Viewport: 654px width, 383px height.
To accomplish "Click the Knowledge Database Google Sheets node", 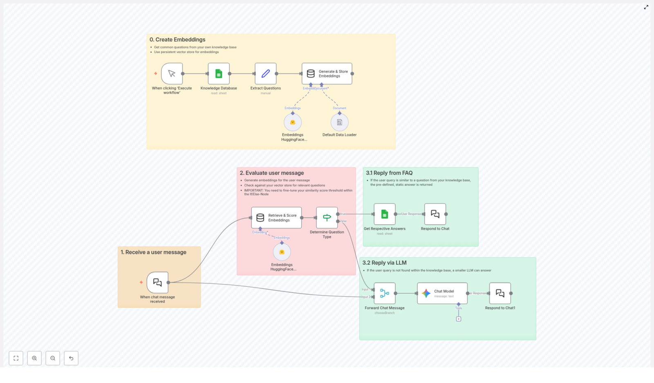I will coord(219,73).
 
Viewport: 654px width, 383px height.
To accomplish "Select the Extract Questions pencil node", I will coord(265,73).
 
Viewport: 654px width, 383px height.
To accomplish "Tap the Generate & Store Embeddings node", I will coord(327,73).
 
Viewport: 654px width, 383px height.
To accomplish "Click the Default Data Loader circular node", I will coord(339,122).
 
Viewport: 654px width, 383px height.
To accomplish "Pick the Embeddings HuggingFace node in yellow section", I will coord(293,122).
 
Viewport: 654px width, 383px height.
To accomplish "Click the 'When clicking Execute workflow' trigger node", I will coord(172,73).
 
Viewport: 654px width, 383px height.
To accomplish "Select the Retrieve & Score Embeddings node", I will coord(276,218).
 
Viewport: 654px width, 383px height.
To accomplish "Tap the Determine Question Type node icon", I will coord(327,218).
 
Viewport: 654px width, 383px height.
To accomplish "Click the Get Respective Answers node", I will coord(384,214).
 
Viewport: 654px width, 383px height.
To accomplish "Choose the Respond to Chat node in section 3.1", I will coord(435,214).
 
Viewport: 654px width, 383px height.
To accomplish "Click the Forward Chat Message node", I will coord(384,293).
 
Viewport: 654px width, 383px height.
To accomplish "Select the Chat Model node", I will coord(442,293).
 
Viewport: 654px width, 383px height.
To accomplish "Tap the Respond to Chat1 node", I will coord(500,293).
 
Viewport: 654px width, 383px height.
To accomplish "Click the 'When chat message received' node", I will coord(157,282).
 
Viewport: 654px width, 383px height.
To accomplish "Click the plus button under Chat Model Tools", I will coord(459,319).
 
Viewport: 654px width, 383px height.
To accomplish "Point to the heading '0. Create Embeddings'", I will coord(177,40).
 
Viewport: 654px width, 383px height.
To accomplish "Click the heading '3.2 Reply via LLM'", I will coord(384,263).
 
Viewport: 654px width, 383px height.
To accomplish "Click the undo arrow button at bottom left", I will coord(71,358).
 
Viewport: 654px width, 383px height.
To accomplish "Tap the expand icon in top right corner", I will coord(646,7).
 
